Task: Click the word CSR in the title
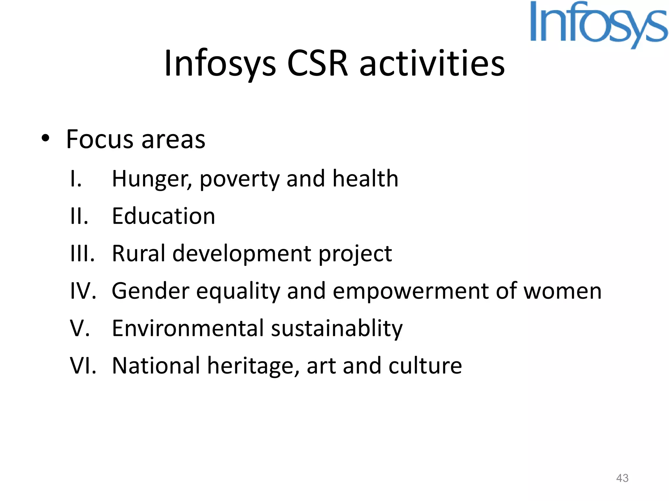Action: click(x=318, y=63)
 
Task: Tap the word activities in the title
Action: click(x=432, y=63)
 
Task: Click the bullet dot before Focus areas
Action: click(x=45, y=138)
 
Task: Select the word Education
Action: click(x=163, y=216)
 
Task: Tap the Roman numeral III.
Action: click(x=82, y=254)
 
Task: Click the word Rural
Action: click(x=139, y=254)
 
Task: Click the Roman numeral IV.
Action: click(x=83, y=291)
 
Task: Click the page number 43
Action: click(x=622, y=478)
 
